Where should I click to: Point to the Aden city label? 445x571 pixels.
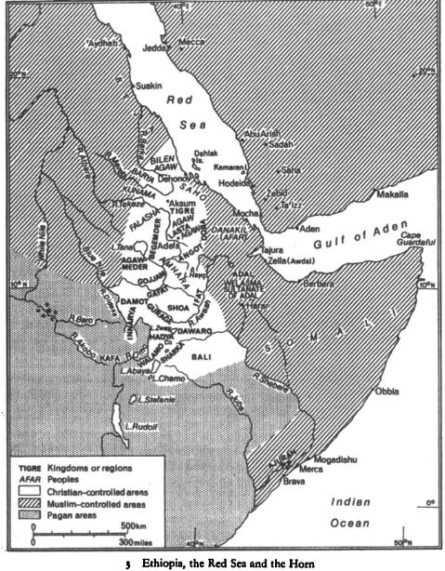308,228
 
